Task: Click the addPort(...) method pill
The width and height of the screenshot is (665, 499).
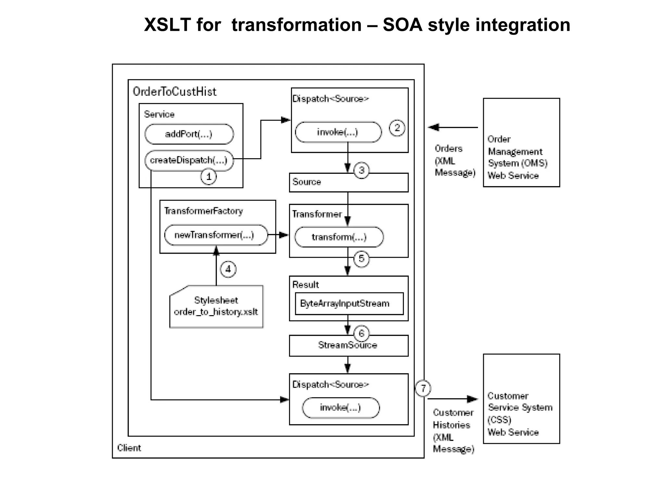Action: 189,134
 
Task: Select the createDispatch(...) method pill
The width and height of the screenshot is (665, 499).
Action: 189,160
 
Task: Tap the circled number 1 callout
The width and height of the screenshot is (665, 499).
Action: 208,177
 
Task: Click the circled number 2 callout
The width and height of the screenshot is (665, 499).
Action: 397,128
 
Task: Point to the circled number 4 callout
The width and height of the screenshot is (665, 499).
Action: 228,269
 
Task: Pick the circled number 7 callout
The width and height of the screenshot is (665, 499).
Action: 423,388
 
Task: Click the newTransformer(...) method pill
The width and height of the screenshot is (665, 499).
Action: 216,235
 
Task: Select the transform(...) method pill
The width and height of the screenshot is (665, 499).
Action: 339,237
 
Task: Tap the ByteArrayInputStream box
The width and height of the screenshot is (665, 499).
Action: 349,303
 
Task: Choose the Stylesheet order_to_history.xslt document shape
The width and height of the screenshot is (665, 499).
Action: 216,307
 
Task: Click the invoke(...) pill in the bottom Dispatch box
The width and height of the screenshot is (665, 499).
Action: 341,408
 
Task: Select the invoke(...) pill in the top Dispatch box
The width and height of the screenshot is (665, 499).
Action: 338,132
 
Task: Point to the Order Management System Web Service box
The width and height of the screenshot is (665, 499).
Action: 521,143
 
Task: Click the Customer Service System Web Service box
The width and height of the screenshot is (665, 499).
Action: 521,399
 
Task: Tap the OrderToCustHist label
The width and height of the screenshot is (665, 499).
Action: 175,92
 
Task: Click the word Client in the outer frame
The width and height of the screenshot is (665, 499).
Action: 129,448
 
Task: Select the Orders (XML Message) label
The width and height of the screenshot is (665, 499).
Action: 455,160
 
